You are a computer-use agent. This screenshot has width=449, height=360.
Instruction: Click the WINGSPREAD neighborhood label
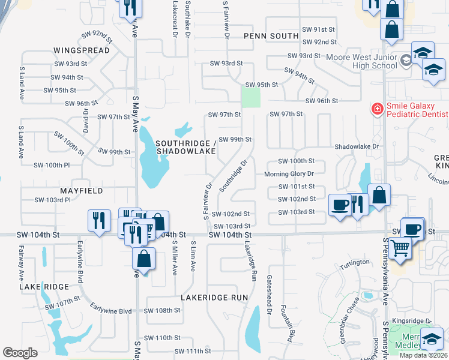coord(82,50)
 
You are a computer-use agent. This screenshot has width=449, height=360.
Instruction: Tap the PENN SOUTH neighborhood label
coord(271,36)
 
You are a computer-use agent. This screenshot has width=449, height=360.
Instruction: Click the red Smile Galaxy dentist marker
coord(377,109)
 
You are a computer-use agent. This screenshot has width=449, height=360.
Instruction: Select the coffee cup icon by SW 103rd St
coord(340,205)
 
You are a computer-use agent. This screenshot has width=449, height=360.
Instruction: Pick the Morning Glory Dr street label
coord(289,174)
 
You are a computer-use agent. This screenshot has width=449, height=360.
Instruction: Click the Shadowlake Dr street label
coord(357,146)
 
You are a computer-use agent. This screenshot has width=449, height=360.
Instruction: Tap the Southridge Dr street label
coord(234,176)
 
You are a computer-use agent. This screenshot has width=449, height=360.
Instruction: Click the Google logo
coord(20,352)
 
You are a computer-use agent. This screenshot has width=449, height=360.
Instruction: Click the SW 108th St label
coord(162,311)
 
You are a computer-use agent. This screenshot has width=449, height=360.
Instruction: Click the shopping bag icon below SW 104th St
coord(144,259)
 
